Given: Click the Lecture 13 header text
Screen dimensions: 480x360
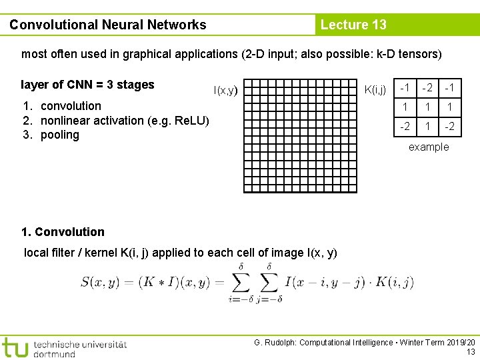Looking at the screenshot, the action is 353,25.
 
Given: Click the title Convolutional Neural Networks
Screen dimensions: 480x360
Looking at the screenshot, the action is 108,25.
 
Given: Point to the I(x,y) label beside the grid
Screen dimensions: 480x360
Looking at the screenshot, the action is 225,90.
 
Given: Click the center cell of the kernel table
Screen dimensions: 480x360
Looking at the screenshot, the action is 428,107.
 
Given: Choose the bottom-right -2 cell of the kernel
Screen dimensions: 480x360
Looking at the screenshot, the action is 451,126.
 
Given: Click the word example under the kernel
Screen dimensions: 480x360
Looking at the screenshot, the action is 429,147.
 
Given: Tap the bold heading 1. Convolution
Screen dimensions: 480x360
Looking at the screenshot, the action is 63,232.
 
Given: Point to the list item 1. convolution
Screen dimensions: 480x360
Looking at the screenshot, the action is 62,106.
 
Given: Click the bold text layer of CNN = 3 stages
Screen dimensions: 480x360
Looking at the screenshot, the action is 87,85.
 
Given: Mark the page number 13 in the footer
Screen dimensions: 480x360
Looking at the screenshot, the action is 471,352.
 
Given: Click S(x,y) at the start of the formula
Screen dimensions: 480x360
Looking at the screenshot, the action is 99,282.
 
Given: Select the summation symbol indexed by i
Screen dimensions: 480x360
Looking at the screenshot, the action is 240,282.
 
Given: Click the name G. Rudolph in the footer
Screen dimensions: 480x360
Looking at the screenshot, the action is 275,343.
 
